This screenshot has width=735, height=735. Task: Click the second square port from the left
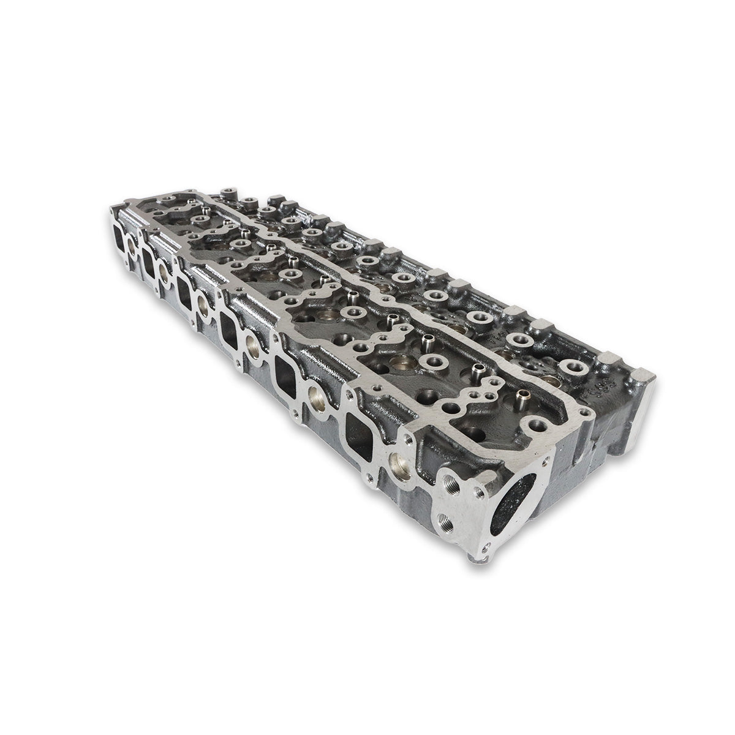[149, 258]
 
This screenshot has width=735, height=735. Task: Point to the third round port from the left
[203, 301]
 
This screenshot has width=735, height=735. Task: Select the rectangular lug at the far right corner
[644, 374]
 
